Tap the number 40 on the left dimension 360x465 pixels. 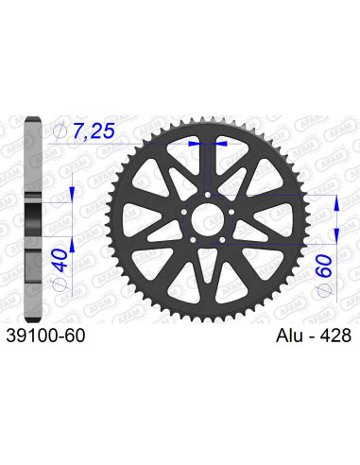coord(60,257)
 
